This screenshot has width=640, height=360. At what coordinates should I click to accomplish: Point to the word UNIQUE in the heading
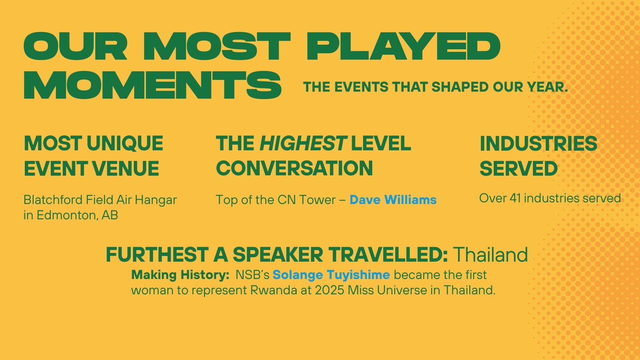pos(125,143)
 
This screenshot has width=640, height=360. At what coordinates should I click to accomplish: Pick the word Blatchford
pos(53,200)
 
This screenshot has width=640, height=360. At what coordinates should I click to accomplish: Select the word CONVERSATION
pos(294,168)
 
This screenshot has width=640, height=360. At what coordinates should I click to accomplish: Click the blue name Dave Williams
pos(393,200)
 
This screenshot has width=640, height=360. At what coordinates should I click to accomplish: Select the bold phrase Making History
pos(180,275)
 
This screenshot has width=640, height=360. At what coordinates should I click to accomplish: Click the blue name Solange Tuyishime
pos(331,275)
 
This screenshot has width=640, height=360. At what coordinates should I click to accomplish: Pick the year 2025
pos(329,290)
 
